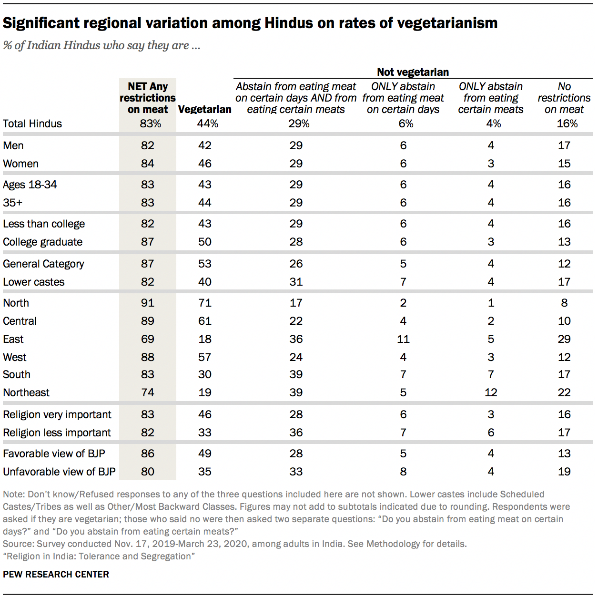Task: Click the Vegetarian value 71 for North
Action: (205, 303)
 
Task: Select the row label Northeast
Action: (26, 392)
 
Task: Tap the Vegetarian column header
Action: (205, 109)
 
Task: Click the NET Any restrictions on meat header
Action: (148, 98)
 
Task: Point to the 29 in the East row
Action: (564, 339)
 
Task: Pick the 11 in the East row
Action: (403, 339)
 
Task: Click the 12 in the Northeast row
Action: (491, 392)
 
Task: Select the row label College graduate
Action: (43, 242)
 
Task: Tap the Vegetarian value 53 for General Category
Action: (205, 264)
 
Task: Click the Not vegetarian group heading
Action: (413, 72)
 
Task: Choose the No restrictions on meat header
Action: (564, 98)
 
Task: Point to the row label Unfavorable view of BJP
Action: (59, 472)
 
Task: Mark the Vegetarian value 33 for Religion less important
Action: (205, 433)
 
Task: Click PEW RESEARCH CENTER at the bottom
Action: (56, 574)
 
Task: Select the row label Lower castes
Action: (34, 282)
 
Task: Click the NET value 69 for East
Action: (148, 339)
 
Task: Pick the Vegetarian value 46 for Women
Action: (205, 164)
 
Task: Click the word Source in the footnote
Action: (17, 544)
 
